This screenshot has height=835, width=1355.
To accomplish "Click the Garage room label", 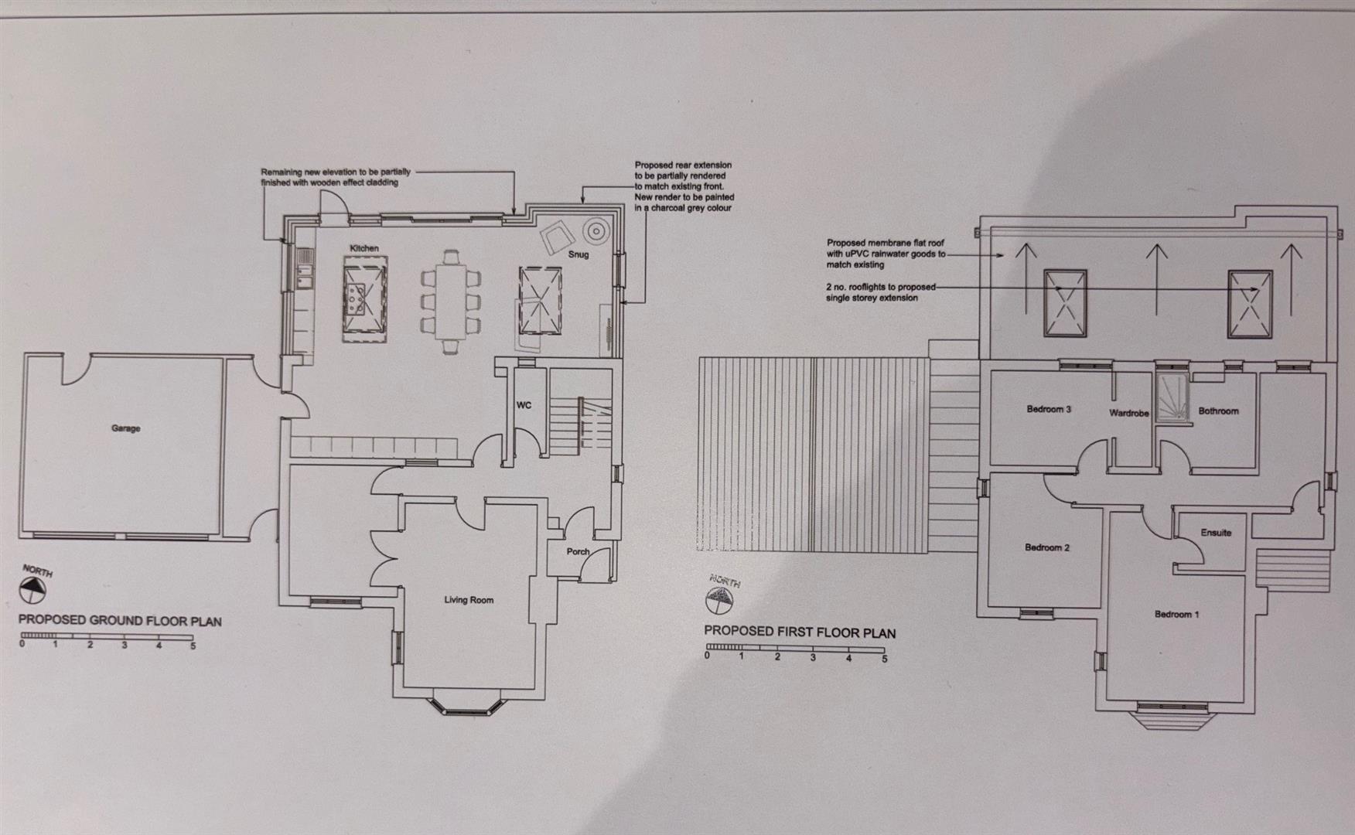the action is coord(125,428).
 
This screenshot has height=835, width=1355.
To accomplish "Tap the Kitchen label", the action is coord(364,248).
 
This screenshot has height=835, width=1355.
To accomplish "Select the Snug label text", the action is coord(579,254).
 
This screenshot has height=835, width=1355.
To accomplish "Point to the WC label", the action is coord(524,405).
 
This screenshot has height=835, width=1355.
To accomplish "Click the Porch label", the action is coord(578,552).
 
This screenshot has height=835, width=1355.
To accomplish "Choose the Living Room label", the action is coord(469,600).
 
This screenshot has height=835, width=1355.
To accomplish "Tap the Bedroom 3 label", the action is coord(1049,409).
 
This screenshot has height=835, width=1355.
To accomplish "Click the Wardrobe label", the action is coord(1129,414).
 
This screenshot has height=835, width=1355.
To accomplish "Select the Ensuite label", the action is coord(1216,533).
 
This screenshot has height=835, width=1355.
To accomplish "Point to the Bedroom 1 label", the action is coord(1177,615).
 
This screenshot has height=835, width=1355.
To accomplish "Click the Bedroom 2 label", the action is coord(1047,547).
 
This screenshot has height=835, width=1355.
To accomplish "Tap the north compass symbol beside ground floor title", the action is coord(32,591).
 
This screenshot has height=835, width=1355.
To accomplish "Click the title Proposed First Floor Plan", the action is coord(800,632).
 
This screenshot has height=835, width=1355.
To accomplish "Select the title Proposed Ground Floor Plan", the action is coord(120,620).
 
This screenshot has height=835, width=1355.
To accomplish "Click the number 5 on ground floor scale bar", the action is coord(193,646).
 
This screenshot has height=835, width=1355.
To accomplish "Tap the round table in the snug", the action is coord(596,230).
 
